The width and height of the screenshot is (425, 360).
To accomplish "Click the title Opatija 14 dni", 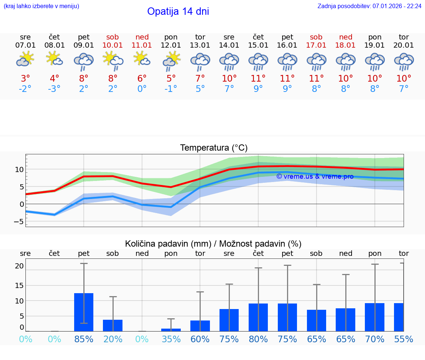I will click(x=178, y=11).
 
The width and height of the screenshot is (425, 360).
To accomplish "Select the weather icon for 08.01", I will click(x=54, y=59).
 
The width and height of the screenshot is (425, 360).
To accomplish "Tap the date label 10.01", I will click(x=113, y=45).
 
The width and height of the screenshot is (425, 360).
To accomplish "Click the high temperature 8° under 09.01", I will click(x=84, y=79).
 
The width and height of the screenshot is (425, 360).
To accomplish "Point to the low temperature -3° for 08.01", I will click(x=54, y=89).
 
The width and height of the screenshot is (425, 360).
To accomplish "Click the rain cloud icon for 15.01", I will click(x=258, y=62).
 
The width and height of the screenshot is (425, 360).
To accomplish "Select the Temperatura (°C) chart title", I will click(x=214, y=148).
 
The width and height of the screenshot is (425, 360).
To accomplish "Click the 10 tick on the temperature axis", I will click(x=19, y=169).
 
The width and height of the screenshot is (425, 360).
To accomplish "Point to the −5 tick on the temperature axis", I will click(x=18, y=222).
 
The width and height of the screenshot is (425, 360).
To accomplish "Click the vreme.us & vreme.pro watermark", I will click(x=315, y=176).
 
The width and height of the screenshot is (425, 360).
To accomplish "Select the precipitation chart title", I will click(x=213, y=244).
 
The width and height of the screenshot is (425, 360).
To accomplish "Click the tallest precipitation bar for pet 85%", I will click(x=84, y=312).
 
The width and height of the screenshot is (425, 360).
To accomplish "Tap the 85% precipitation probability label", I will click(x=84, y=339).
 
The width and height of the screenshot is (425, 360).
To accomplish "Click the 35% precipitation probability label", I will click(x=171, y=339).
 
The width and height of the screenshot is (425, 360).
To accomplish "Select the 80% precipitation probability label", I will click(x=258, y=339).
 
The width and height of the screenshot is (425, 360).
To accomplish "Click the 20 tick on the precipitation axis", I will click(x=19, y=266).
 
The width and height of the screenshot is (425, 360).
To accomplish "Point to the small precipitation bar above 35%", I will click(x=171, y=330).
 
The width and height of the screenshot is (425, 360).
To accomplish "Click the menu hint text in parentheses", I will click(x=41, y=6).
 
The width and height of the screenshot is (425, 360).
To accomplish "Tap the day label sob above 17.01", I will click(x=316, y=37).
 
